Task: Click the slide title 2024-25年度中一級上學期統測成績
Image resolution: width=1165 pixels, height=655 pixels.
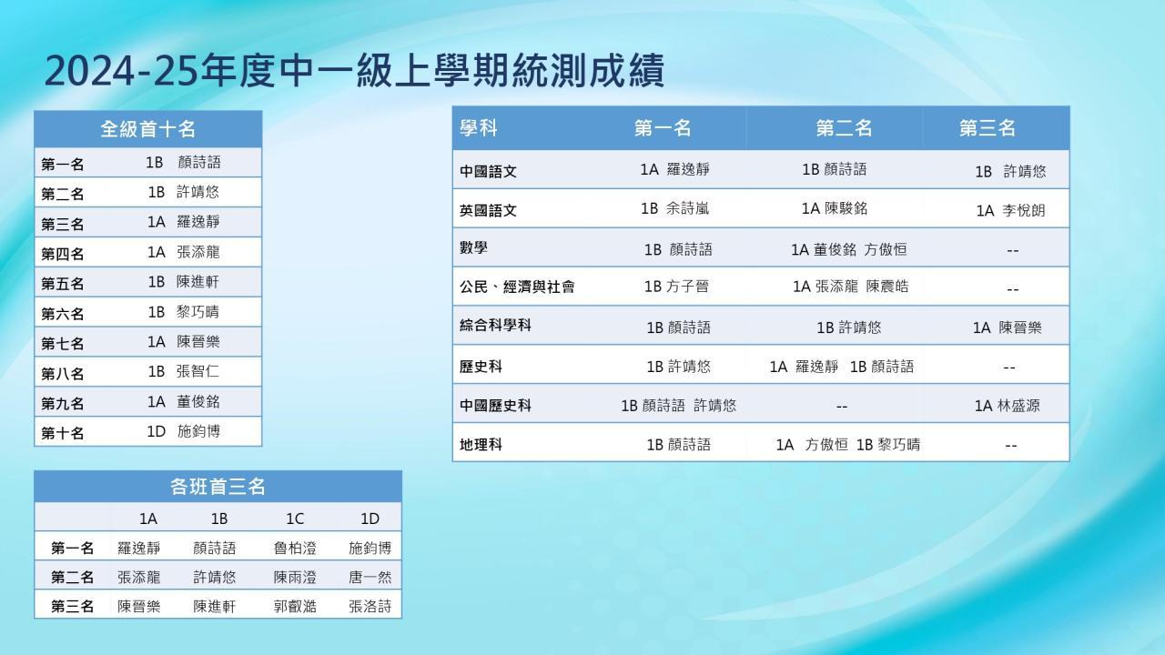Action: pos(355,71)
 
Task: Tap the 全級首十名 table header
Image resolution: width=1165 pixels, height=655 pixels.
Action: pos(147,129)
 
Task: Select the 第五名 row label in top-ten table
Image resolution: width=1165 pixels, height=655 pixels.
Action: pos(63,284)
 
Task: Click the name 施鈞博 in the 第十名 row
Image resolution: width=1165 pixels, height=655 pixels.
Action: pos(198,431)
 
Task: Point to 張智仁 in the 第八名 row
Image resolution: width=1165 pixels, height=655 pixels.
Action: pos(198,371)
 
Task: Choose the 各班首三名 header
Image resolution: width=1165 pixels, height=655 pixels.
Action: pos(218,487)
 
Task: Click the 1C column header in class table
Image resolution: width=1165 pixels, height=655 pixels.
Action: pos(295,519)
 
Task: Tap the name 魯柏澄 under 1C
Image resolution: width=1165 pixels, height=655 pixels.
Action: pos(295,548)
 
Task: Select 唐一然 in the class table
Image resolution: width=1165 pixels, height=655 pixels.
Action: pos(370,577)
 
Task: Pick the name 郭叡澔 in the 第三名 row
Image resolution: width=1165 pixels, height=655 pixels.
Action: pos(295,606)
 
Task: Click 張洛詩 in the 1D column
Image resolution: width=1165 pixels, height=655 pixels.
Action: pos(370,606)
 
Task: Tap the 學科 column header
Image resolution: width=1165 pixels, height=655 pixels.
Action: pos(479,128)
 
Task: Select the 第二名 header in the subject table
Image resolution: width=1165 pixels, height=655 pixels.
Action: pos(844,128)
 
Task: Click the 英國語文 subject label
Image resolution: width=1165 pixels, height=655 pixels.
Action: pos(488,210)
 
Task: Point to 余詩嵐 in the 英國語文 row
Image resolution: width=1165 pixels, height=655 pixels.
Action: pos(687,208)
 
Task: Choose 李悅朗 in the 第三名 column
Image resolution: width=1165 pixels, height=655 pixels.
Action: pos(1024,210)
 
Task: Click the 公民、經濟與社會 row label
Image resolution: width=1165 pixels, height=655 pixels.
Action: pos(517,287)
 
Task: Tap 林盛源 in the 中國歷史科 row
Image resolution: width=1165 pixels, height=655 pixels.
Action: pos(1018,406)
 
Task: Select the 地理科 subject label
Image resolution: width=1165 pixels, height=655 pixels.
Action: pos(481,445)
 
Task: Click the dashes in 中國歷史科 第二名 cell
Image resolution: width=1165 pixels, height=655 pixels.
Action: pos(842,407)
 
